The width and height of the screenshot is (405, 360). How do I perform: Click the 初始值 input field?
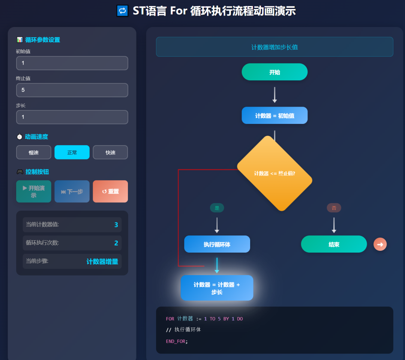(72, 63)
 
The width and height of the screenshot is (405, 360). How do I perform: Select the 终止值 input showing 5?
(72, 90)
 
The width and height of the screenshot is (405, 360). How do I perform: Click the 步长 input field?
(72, 117)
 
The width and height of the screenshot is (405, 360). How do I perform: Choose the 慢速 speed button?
(34, 152)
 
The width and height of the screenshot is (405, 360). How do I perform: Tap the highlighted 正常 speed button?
(72, 152)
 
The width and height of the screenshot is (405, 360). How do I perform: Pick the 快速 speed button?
(110, 152)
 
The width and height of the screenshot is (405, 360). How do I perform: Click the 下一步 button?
(72, 191)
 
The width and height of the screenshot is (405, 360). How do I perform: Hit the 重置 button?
(110, 191)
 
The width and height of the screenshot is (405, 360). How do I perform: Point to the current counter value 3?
(116, 225)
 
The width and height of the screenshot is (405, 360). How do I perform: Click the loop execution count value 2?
(116, 243)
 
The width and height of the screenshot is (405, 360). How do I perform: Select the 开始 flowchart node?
(274, 72)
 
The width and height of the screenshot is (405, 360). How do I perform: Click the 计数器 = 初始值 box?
(274, 116)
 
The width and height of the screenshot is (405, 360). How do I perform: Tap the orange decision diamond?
(274, 173)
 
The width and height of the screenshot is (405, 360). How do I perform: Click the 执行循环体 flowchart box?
(217, 244)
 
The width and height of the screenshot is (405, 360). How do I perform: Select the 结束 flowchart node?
(334, 244)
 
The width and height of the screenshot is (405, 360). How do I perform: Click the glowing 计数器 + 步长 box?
(217, 288)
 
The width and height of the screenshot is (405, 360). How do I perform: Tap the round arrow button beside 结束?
(380, 244)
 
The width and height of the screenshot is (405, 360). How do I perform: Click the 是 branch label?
(217, 208)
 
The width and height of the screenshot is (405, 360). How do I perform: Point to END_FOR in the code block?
(175, 341)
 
